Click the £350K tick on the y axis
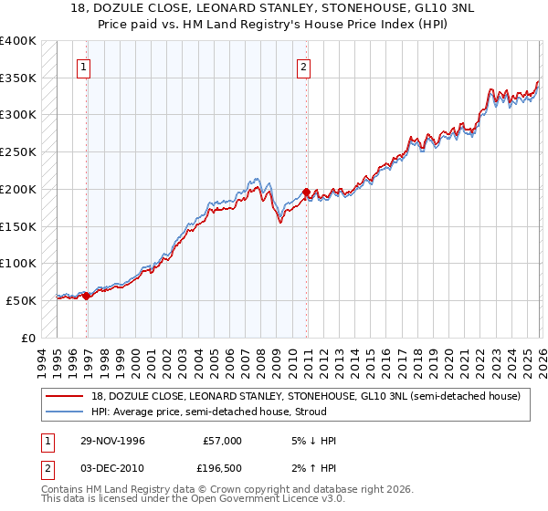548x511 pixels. pyautogui.click(x=18, y=78)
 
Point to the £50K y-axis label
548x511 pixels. pyautogui.click(x=21, y=300)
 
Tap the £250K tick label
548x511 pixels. pyautogui.click(x=18, y=152)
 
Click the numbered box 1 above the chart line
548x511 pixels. pyautogui.click(x=83, y=66)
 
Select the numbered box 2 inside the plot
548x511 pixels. pyautogui.click(x=303, y=66)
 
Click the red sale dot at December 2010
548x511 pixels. pyautogui.click(x=306, y=192)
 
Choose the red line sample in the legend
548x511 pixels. pyautogui.click(x=66, y=396)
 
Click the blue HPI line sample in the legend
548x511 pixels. pyautogui.click(x=66, y=412)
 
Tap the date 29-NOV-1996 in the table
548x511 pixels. pyautogui.click(x=111, y=441)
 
